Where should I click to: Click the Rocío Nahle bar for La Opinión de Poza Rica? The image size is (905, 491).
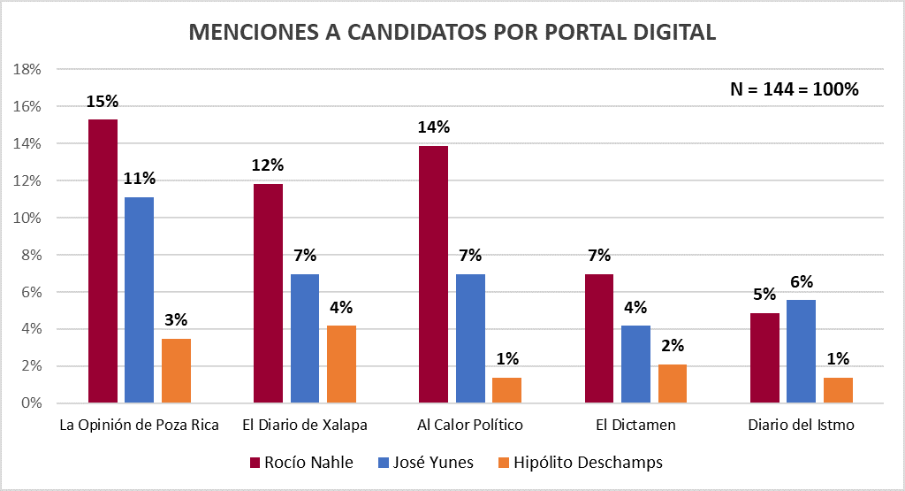pos(103,261)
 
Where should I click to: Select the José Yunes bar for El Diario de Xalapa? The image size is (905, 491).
pos(305,339)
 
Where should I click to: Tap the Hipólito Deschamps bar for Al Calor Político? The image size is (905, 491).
pos(506,390)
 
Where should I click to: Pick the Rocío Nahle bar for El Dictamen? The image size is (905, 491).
pos(599,339)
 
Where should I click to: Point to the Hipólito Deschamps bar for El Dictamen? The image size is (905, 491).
pos(673,384)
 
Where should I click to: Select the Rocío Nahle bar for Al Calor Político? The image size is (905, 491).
pos(433,274)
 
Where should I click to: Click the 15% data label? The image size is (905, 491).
pos(103,102)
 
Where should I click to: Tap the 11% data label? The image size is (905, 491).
pos(139,180)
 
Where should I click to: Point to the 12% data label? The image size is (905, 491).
pos(268,165)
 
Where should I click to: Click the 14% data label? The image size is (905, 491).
pos(433,128)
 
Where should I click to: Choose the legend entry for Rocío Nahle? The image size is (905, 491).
pos(301,463)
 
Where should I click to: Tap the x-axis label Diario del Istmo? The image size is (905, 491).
pos(801,425)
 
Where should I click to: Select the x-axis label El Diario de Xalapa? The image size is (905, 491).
pos(305,425)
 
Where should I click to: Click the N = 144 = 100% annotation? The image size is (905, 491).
pos(795,88)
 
